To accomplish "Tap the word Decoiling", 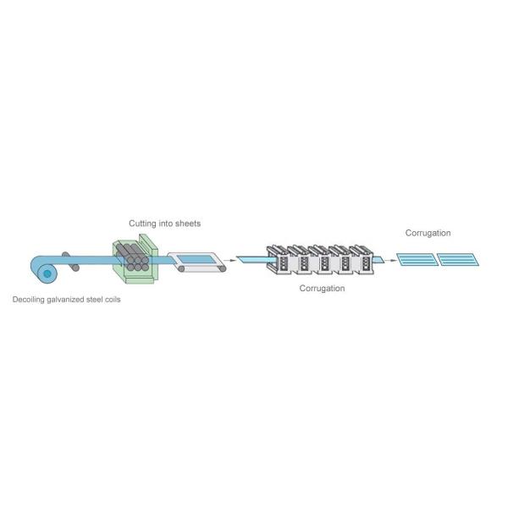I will [29, 300].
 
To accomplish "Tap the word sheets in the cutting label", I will [188, 224].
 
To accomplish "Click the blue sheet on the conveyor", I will [196, 258].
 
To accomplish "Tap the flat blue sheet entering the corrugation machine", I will [254, 259].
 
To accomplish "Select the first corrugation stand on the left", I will [279, 260].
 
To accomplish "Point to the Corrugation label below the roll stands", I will [322, 288].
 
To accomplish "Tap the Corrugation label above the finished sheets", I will [428, 233].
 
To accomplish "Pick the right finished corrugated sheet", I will [461, 259].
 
